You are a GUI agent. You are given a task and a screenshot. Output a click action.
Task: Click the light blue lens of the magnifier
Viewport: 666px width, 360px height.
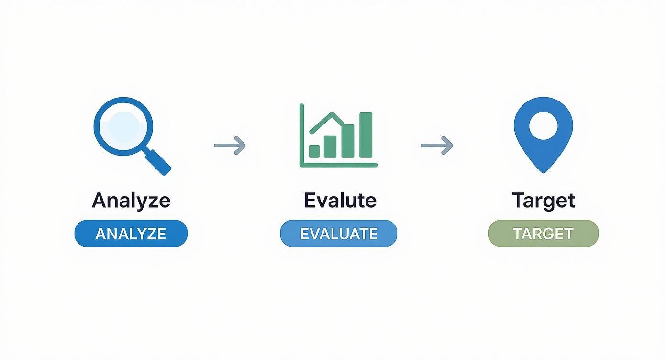(123, 126)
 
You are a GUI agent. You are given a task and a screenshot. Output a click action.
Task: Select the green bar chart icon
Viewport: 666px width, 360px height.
(338, 136)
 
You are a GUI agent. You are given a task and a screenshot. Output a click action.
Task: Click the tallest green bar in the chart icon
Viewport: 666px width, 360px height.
(366, 135)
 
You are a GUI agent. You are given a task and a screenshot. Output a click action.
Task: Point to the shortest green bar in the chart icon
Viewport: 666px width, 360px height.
(314, 151)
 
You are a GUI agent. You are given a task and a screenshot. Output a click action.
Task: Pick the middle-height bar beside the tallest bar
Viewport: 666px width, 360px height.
(348, 141)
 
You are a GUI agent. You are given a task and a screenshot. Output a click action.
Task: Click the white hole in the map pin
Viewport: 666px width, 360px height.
(543, 125)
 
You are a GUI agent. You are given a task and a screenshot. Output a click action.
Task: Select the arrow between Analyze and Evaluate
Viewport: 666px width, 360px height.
(230, 145)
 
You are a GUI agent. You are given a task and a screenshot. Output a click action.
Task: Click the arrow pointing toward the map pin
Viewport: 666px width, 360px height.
(437, 145)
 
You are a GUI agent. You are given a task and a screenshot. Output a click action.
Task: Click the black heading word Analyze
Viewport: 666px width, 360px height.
(131, 200)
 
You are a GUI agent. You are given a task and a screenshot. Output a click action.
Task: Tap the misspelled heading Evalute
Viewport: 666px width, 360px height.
(340, 200)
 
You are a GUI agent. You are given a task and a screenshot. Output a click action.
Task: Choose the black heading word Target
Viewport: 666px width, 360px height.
(543, 200)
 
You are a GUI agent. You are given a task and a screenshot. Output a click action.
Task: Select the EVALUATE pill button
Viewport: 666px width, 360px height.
(338, 234)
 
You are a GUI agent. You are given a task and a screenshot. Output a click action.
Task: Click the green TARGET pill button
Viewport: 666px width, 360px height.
(543, 234)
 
